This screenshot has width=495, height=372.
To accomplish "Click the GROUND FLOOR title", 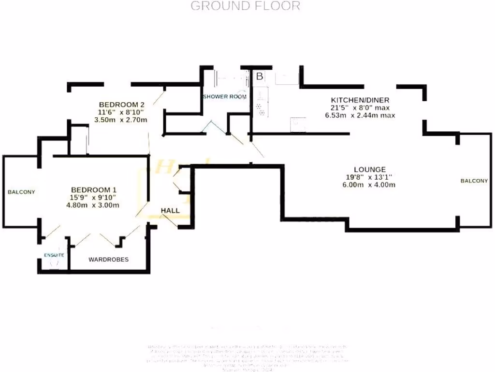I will point(245,6).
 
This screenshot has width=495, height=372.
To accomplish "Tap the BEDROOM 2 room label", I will point(122,104).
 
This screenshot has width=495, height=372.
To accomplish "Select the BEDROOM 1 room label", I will point(94,189).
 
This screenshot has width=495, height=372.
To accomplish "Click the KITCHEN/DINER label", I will point(360,100).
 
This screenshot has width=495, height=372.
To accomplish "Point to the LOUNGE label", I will point(369,170).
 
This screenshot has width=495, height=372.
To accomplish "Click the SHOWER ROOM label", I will point(224,96).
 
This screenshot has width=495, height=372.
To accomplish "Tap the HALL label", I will point(170,211).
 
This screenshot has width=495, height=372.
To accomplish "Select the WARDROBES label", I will point(108,260).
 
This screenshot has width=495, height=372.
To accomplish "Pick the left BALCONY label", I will point(21,192).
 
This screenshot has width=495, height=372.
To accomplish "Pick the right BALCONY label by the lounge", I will point(474,181).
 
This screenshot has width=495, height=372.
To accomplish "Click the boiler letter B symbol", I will point(259,77).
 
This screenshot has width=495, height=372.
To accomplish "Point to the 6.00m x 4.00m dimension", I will point(369,185).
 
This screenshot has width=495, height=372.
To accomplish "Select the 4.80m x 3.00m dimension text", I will point(94,205).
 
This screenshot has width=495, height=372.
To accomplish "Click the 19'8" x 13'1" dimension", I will point(369,177).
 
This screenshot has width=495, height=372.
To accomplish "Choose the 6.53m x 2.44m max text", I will point(360,115).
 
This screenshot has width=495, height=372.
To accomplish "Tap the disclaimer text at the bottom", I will point(247,354).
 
